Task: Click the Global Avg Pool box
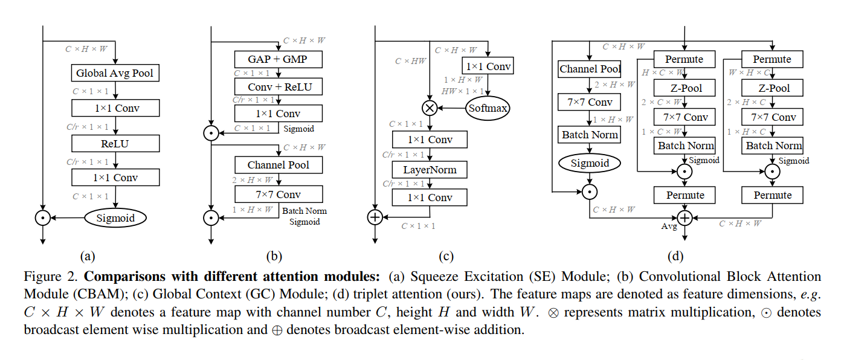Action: click(115, 74)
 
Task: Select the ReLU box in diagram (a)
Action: click(115, 143)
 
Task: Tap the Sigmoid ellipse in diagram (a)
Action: click(115, 217)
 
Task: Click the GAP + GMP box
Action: click(278, 59)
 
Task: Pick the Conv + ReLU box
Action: click(278, 86)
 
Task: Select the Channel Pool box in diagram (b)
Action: click(278, 165)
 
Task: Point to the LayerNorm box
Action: click(430, 170)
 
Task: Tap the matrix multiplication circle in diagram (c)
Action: click(430, 109)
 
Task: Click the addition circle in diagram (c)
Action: click(375, 217)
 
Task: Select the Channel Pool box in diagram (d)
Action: click(590, 69)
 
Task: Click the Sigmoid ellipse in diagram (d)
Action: click(590, 162)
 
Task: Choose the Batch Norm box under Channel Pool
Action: click(590, 135)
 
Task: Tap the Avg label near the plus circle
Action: click(669, 227)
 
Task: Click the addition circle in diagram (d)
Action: click(684, 217)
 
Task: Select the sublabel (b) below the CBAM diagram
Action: click(274, 256)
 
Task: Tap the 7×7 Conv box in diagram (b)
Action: click(278, 194)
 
